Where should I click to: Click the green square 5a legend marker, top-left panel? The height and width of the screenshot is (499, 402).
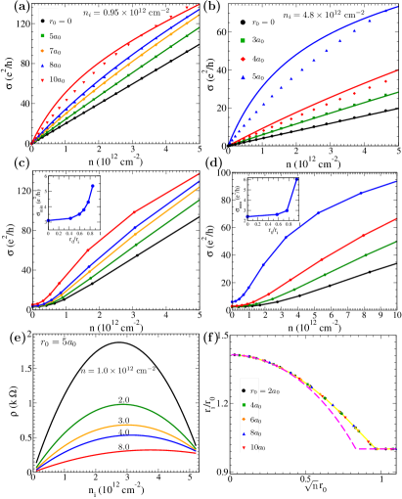(43, 35)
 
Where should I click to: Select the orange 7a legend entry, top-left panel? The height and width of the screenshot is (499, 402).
(43, 50)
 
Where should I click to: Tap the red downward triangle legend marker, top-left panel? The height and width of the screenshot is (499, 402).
(43, 79)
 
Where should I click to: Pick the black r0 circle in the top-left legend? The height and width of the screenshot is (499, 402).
(43, 21)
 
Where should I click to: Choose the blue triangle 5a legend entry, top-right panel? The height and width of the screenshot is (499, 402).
(243, 75)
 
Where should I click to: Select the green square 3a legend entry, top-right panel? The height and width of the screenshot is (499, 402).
(243, 39)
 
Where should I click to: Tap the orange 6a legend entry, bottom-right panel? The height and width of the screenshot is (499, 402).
(243, 418)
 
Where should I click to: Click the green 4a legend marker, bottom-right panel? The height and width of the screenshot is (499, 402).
(243, 404)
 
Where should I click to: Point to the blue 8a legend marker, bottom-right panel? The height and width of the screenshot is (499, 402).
(243, 431)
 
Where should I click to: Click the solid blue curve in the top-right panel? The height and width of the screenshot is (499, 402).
(293, 59)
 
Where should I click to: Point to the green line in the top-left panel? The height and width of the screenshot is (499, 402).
(117, 88)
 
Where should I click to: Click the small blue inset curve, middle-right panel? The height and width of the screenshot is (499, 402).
(269, 215)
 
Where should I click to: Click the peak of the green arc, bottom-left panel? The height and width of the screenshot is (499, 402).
(121, 403)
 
